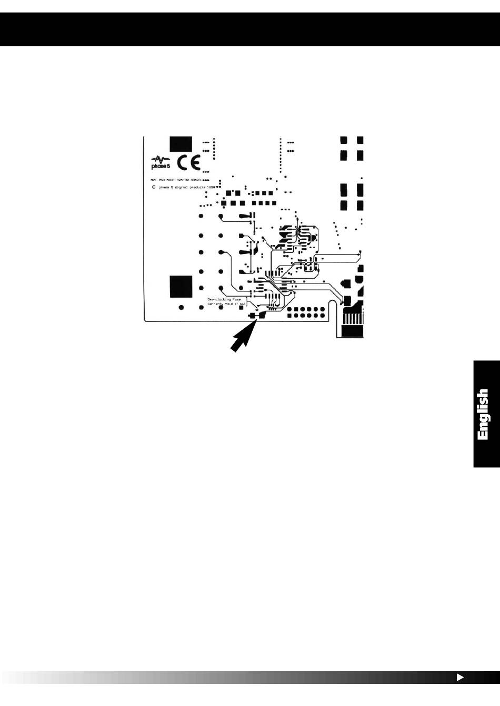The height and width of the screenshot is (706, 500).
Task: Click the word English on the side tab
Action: pos(484,414)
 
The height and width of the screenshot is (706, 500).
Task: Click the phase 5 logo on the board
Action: pos(160,162)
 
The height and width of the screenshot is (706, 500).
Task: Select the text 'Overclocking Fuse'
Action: pos(224,299)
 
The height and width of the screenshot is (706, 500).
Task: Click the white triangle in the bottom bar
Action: pos(459,678)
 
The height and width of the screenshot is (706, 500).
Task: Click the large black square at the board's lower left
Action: pos(181,287)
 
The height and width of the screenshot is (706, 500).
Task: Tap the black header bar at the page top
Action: pos(250,29)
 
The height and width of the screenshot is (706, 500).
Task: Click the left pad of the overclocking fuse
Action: pos(252,316)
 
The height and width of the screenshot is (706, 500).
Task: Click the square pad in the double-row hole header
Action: pos(289,309)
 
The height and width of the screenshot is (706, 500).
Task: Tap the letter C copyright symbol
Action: pos(154,187)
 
